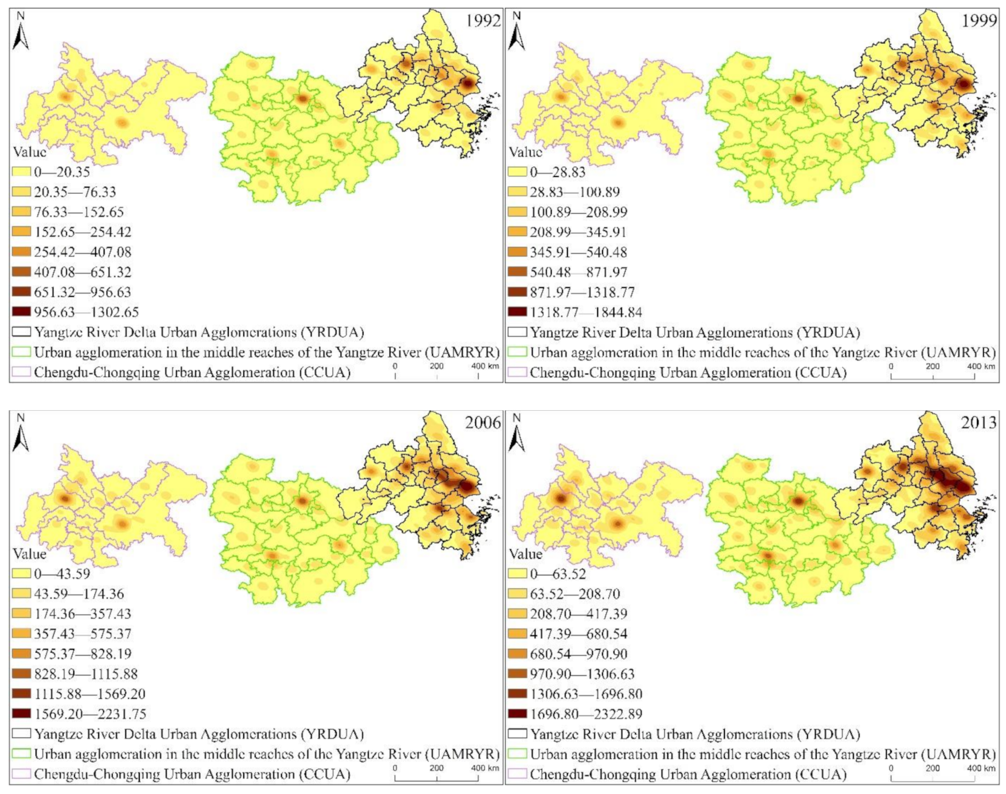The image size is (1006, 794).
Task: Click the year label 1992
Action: [x=483, y=20]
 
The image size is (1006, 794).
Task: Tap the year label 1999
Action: [x=979, y=20]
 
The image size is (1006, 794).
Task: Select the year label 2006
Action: [x=483, y=422]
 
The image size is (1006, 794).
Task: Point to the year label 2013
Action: [x=979, y=422]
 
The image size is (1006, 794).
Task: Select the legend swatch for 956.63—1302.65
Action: [x=22, y=312]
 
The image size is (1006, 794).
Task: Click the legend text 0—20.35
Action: [x=62, y=172]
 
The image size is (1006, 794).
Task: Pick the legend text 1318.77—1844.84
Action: [x=585, y=312]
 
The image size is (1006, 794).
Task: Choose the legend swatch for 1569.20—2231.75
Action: [x=22, y=714]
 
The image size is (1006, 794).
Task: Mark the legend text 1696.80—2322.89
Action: [x=585, y=714]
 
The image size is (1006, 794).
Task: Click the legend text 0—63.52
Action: [x=558, y=574]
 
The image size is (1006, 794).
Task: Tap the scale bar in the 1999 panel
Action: [x=933, y=376]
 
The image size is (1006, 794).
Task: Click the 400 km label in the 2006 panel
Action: [x=485, y=768]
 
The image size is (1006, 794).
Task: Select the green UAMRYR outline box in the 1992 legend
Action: [x=22, y=352]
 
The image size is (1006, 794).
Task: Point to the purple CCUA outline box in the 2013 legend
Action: [x=518, y=774]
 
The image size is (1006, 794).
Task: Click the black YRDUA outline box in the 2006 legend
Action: [x=22, y=734]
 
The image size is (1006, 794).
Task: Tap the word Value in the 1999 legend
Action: [x=525, y=152]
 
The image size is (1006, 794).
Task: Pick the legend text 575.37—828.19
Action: [x=83, y=654]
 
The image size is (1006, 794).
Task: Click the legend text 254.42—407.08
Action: [x=83, y=252]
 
